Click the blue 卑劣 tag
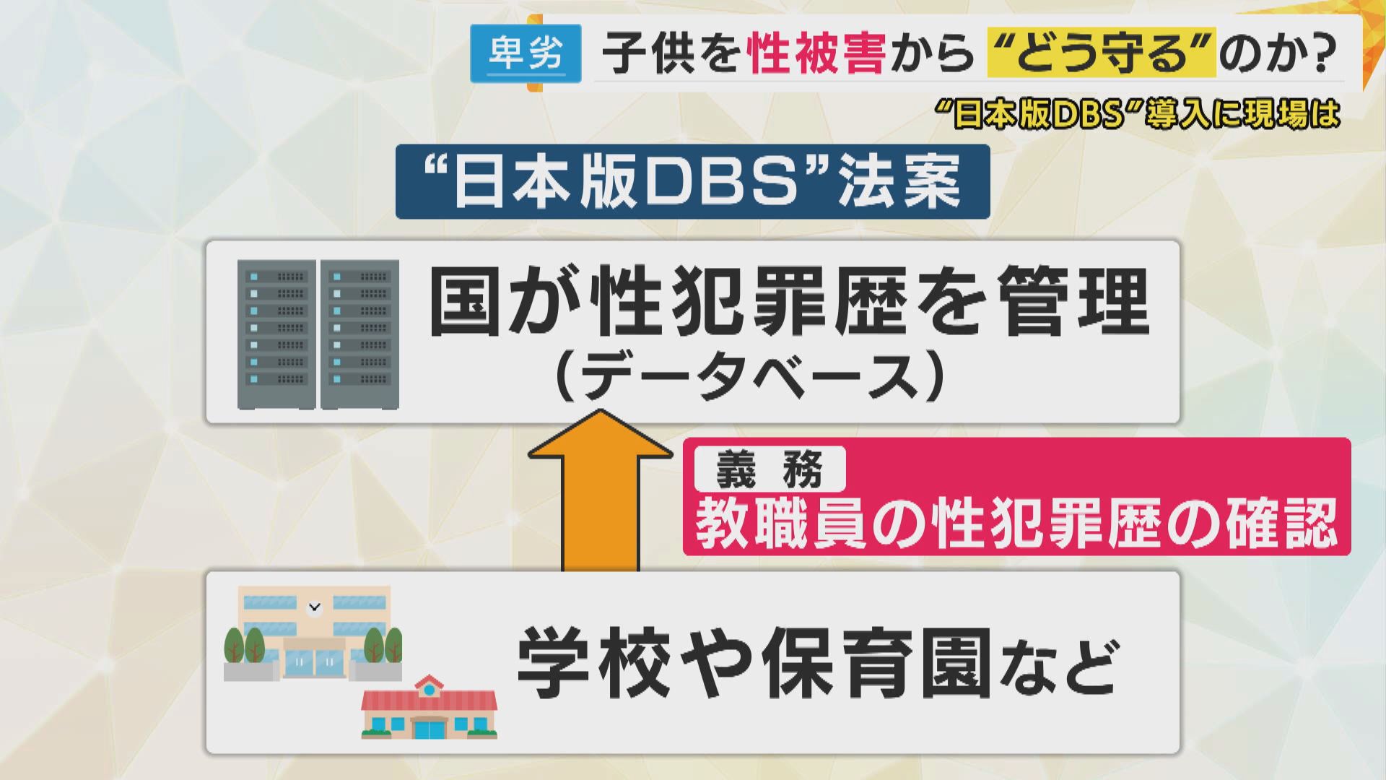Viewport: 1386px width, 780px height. (526, 53)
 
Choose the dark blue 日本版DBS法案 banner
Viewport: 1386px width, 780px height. (692, 181)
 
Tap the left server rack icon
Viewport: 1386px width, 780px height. (276, 334)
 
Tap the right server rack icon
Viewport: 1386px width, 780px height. (360, 334)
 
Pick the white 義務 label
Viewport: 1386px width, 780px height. (770, 469)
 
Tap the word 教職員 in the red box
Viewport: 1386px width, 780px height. (780, 524)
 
